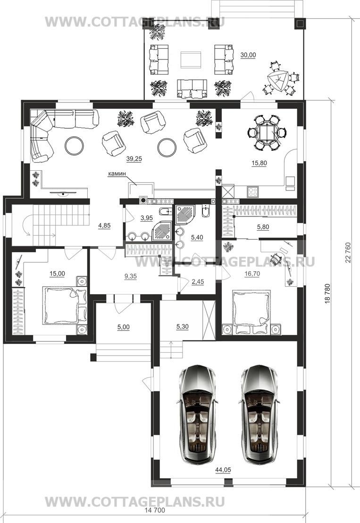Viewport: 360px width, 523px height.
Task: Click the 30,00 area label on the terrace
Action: click(x=248, y=55)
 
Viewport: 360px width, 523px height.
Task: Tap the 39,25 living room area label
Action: click(x=134, y=159)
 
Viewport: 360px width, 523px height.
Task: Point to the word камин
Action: click(x=116, y=174)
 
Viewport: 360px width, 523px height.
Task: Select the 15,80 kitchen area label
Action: click(x=259, y=163)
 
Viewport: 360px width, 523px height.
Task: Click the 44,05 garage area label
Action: click(x=223, y=470)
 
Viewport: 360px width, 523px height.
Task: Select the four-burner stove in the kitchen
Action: click(x=253, y=191)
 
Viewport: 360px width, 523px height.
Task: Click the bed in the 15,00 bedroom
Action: click(x=65, y=306)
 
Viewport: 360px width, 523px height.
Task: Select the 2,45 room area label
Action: click(x=198, y=282)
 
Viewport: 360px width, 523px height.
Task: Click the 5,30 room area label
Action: click(x=182, y=327)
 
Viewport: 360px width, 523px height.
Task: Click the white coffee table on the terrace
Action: click(x=191, y=60)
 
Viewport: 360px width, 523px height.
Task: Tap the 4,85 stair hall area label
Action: click(x=104, y=225)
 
